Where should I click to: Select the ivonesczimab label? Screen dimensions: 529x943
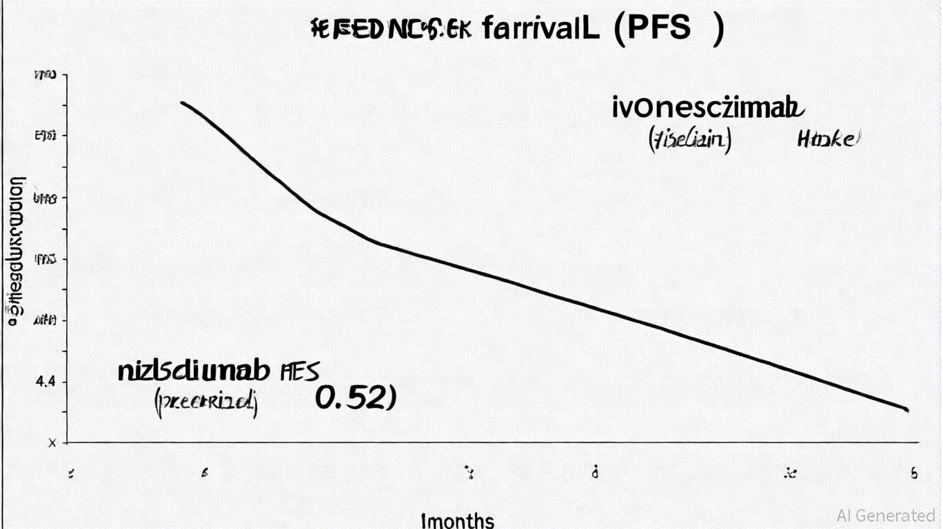coord(708,108)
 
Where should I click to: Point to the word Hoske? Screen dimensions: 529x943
coord(829,139)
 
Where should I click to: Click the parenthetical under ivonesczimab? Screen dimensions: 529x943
coord(689,140)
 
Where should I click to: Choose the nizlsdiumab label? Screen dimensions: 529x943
coord(193,371)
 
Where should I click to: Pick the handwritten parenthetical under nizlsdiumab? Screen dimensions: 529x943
coord(205,402)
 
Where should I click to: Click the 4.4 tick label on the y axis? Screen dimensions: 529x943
coord(45,382)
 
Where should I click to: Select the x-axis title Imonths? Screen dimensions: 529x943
coord(457,520)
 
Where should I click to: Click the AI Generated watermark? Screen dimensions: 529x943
coord(886,515)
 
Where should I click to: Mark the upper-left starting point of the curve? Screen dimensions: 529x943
coord(182,103)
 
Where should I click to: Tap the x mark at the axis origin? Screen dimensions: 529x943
coord(52,443)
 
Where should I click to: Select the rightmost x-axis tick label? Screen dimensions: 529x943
coord(914,473)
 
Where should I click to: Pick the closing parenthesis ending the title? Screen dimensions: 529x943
coord(719,29)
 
